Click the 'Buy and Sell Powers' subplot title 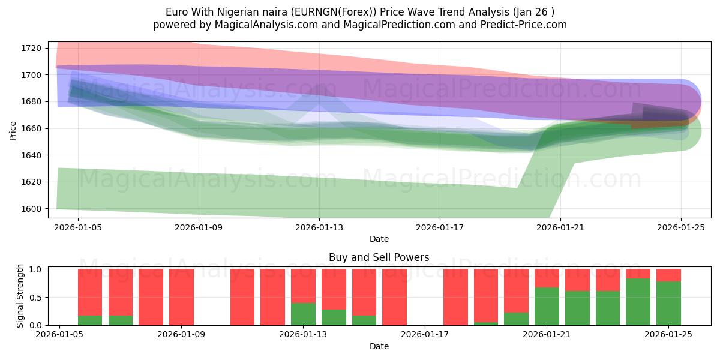(x=379, y=257)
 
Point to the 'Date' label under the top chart (x=379, y=239)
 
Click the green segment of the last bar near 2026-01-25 (x=668, y=304)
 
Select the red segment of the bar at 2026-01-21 (x=547, y=278)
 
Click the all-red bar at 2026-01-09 (x=181, y=297)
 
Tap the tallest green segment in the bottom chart (x=638, y=302)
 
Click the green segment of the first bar (x=90, y=320)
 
